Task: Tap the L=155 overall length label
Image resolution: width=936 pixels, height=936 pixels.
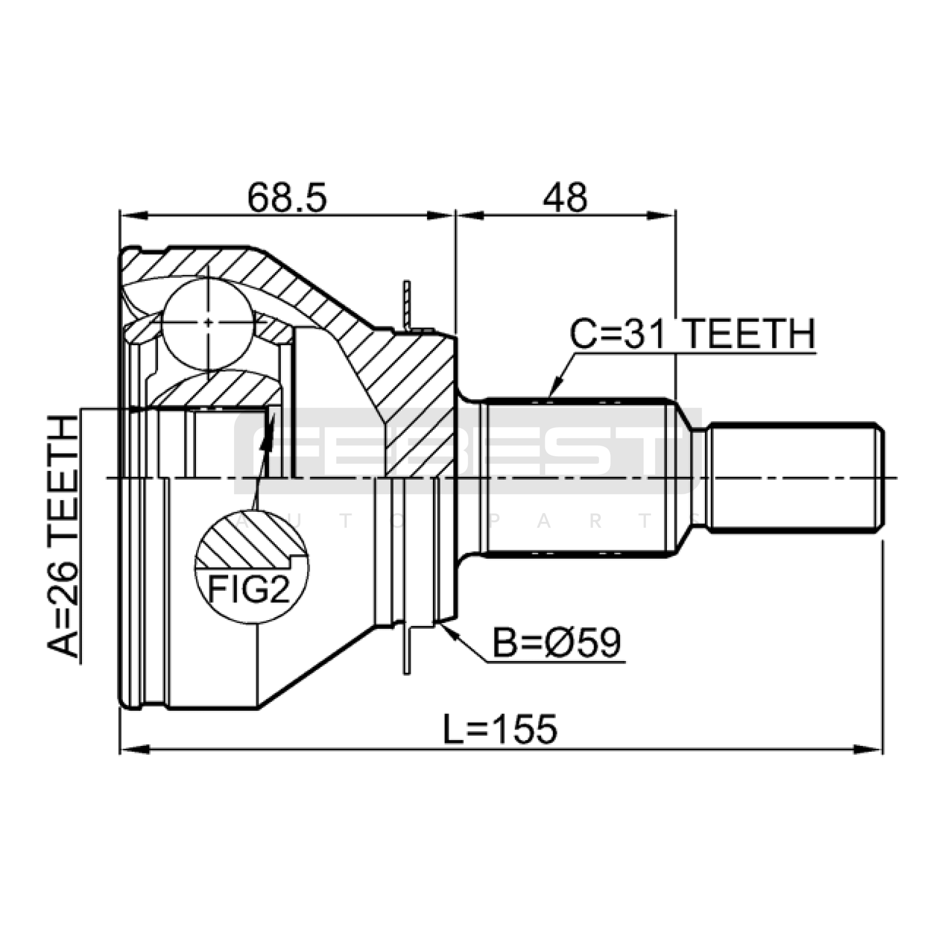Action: click(x=500, y=729)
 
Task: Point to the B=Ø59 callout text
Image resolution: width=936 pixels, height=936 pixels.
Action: click(x=556, y=643)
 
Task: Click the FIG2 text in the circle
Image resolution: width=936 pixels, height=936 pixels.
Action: click(x=249, y=590)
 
